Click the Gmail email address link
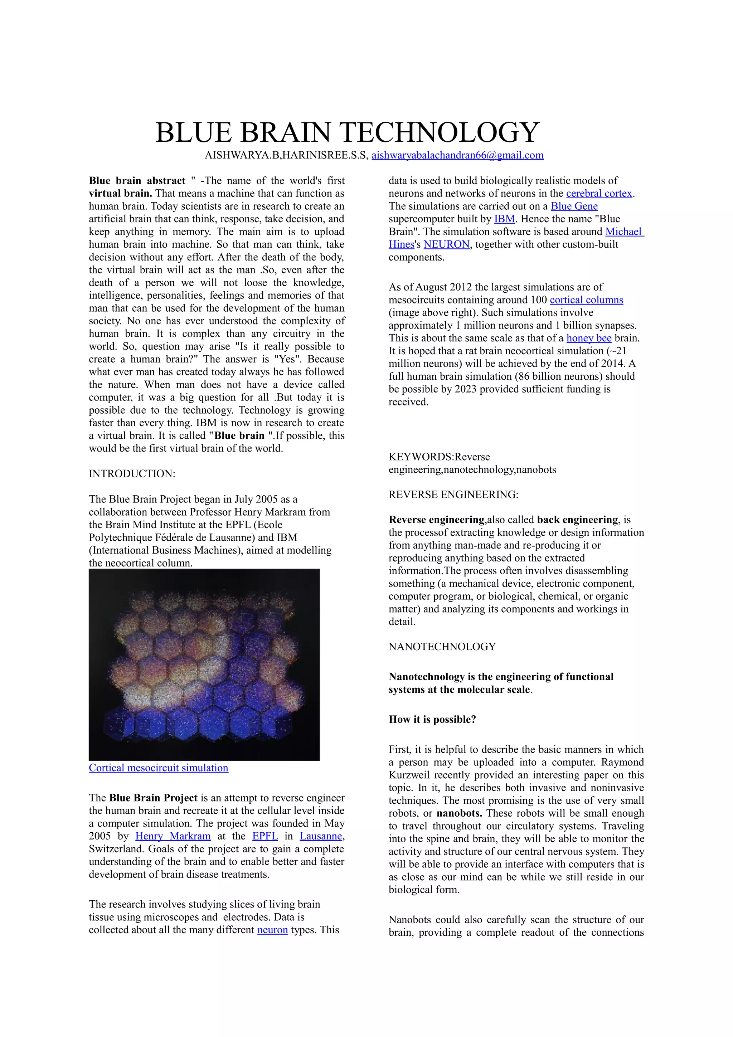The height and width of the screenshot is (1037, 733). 457,155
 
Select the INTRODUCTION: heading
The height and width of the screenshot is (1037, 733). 132,474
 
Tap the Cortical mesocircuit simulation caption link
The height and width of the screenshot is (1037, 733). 159,768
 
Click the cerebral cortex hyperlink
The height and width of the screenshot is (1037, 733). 599,193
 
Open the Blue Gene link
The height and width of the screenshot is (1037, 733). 574,206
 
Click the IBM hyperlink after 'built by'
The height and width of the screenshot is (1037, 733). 504,219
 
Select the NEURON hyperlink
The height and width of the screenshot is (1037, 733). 446,244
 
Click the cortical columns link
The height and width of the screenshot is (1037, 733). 586,300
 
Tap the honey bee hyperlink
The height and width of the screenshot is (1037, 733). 588,338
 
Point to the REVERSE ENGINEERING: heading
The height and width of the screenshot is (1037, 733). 453,495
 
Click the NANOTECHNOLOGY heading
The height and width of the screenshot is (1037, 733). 442,647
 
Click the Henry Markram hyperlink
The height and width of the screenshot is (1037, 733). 173,836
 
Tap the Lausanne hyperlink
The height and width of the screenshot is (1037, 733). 321,836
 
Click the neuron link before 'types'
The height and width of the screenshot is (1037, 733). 272,930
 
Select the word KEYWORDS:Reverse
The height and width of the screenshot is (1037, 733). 439,457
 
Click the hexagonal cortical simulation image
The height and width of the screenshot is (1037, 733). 204,664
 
